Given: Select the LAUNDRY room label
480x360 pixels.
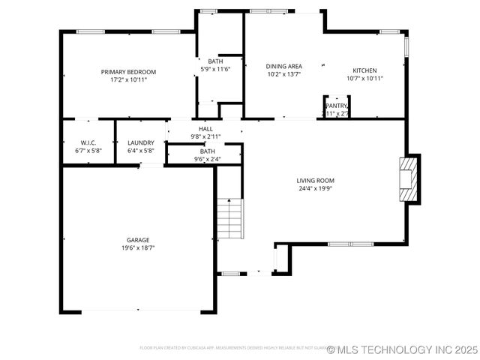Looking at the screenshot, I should coord(141,142).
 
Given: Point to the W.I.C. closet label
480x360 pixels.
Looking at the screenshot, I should coord(88,142).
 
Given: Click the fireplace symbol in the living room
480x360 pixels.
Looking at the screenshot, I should coord(408,178).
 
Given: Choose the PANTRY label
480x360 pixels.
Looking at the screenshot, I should coord(336,106).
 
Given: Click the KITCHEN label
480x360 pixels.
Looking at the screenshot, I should coord(364,70).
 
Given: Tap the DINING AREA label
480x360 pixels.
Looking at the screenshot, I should coord(284,66).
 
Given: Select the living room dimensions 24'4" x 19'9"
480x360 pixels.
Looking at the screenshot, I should coord(315,189).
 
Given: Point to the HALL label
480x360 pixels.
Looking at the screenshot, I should coord(205,129).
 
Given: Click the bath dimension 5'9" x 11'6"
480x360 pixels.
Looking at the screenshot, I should coord(215,69).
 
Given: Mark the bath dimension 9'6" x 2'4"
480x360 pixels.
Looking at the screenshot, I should coord(207,159).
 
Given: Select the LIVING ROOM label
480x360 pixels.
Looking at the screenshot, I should coord(315,181).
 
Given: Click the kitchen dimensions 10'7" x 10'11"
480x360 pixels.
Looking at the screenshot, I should coord(364,78).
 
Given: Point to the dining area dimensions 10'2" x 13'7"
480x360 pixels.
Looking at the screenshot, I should coord(284,74).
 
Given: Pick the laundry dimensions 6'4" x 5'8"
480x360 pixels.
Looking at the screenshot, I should coord(141,151).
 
